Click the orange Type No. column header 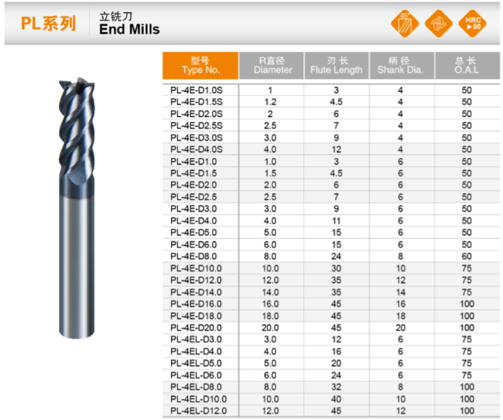200,65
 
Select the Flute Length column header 336,65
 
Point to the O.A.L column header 467,65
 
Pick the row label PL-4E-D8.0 194,257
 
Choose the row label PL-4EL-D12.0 198,411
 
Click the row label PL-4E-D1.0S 196,90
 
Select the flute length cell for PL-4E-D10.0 336,268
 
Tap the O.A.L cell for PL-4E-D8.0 467,257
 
